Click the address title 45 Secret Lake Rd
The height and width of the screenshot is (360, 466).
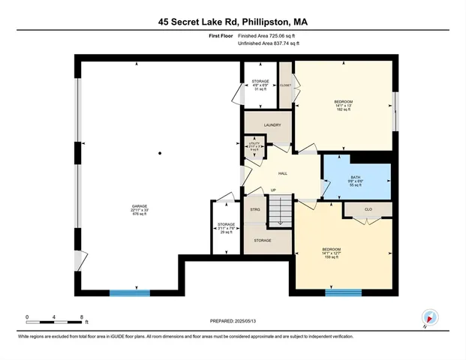[233, 22]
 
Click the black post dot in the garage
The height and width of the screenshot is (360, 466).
[160, 154]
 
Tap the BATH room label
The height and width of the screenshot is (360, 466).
[356, 179]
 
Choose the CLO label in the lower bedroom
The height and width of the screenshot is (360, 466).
[368, 209]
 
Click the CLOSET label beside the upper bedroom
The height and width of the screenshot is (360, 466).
[285, 85]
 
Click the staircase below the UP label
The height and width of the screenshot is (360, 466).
[278, 213]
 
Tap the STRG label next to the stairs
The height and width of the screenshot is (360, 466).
[254, 209]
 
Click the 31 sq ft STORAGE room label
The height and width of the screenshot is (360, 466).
[260, 84]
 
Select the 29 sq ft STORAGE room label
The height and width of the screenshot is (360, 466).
[226, 228]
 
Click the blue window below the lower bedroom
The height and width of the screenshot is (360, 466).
[343, 292]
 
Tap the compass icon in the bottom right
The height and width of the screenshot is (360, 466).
[428, 317]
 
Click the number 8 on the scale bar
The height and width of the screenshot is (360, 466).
[81, 316]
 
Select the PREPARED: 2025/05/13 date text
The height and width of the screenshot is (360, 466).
[233, 321]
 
